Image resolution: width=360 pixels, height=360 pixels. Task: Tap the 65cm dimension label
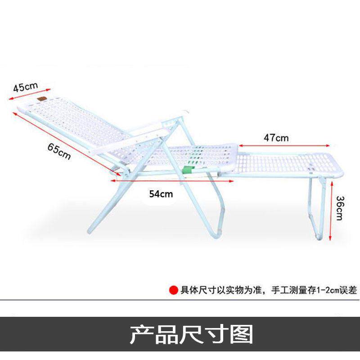pos(58,150)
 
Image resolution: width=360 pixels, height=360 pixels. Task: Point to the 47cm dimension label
pos(277,137)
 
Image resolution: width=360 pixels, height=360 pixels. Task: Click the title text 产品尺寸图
pos(191,334)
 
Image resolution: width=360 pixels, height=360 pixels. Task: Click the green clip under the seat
pos(190,170)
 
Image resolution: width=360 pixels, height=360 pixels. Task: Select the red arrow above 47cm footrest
pos(283,145)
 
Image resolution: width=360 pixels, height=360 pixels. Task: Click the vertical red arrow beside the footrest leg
pos(332,210)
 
